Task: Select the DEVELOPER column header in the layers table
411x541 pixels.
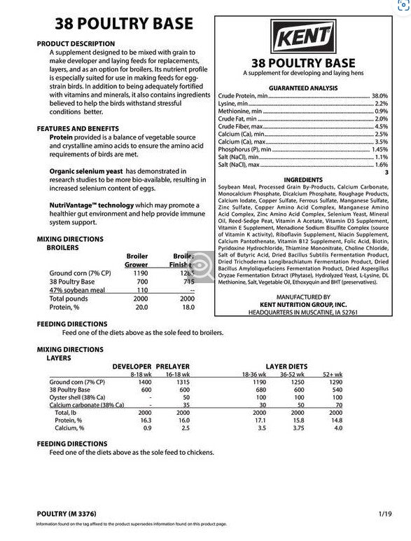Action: coord(131,367)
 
